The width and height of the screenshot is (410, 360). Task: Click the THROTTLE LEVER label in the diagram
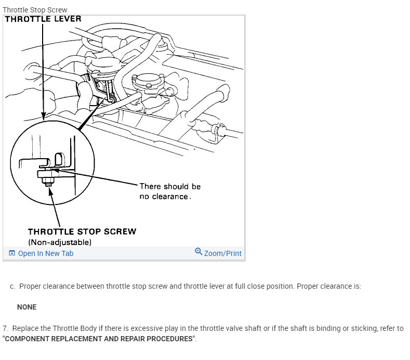point(43,19)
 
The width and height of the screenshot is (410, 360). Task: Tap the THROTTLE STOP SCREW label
point(82,232)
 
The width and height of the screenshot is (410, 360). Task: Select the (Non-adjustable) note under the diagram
point(60,242)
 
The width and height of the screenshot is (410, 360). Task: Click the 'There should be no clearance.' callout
point(170,191)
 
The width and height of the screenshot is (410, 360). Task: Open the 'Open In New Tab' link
point(46,253)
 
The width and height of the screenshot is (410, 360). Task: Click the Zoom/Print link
point(223,253)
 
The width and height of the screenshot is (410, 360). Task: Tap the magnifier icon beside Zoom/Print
point(199,252)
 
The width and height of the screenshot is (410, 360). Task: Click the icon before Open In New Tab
point(12,253)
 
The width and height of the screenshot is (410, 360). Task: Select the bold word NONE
point(27,307)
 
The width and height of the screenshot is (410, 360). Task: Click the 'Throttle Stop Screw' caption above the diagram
point(35,10)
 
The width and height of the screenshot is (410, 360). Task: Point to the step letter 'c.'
point(12,287)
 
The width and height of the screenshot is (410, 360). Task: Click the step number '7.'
point(6,329)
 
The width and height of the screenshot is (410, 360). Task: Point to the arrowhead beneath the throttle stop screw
point(50,191)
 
